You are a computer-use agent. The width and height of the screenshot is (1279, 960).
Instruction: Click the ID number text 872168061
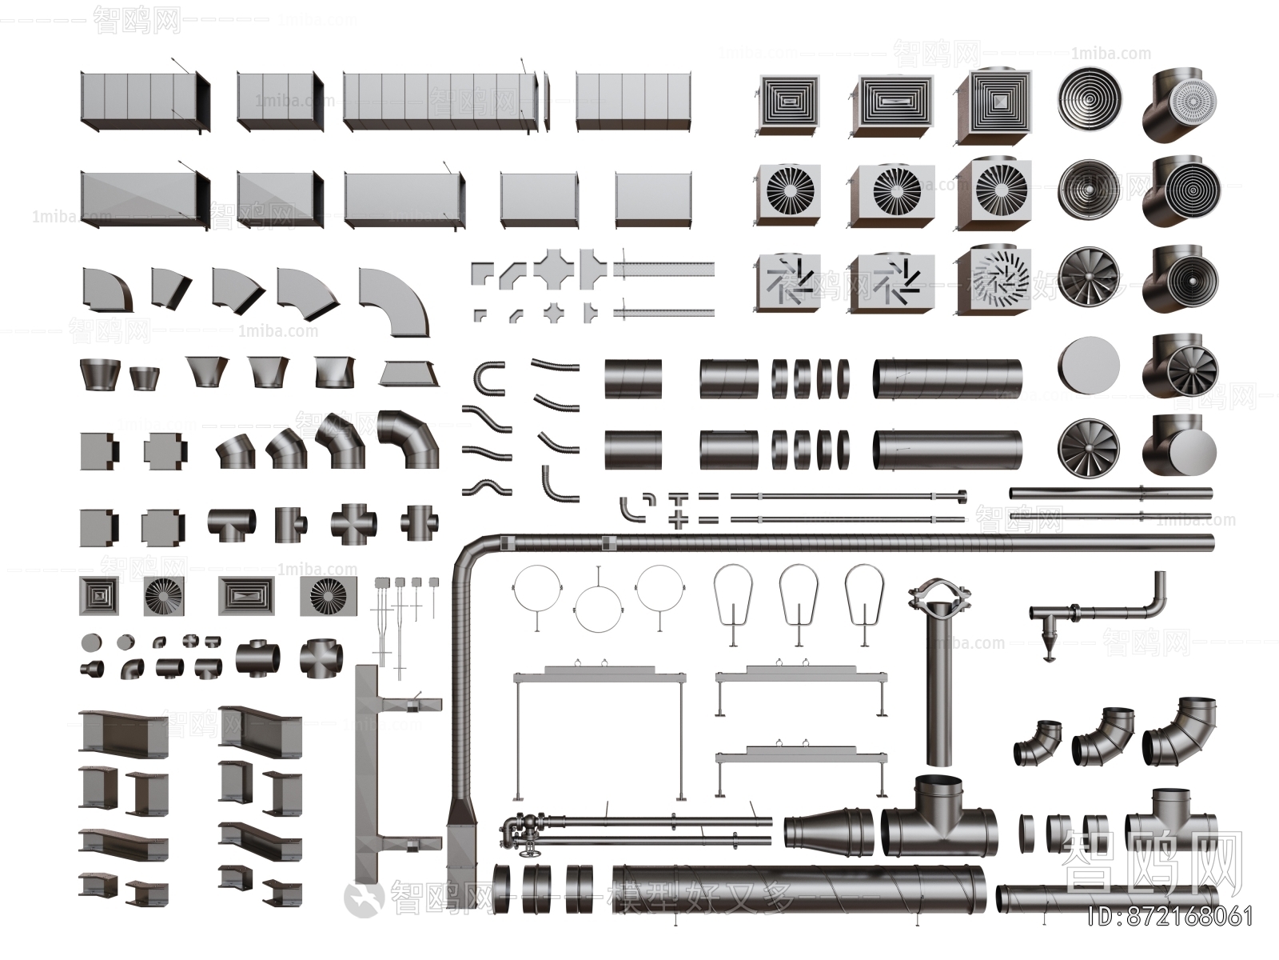[x=1173, y=916]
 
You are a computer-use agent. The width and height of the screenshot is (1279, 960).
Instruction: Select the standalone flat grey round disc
[x=1088, y=366]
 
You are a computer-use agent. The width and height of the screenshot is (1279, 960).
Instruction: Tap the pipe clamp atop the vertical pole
[x=938, y=596]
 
